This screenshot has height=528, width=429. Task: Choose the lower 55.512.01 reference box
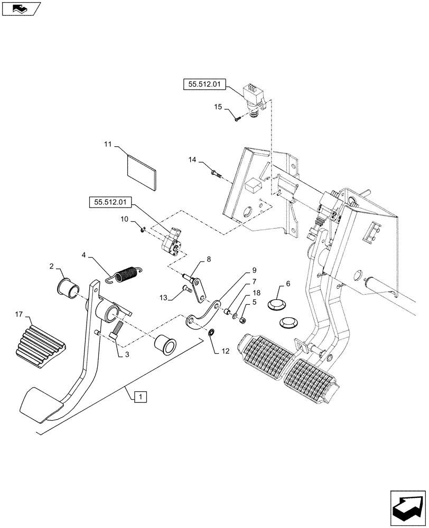click(110, 202)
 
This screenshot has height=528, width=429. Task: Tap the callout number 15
click(217, 108)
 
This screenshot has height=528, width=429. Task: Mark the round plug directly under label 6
click(282, 305)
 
